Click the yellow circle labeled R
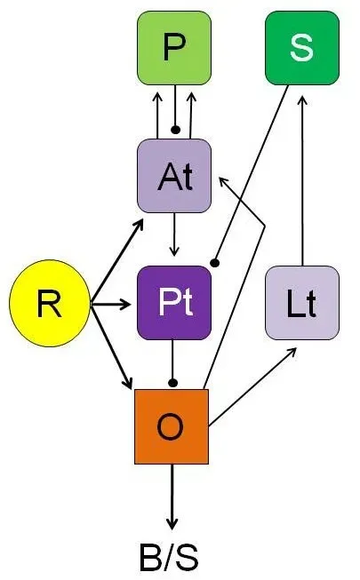[x=49, y=305]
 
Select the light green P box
[x=174, y=49]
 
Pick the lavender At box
[x=174, y=176]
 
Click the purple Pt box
[x=174, y=303]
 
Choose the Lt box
[x=302, y=303]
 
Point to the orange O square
[x=171, y=426]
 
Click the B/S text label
[x=169, y=559]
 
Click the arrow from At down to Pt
[x=175, y=233]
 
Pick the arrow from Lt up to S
[x=303, y=178]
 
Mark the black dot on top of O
[x=174, y=383]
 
